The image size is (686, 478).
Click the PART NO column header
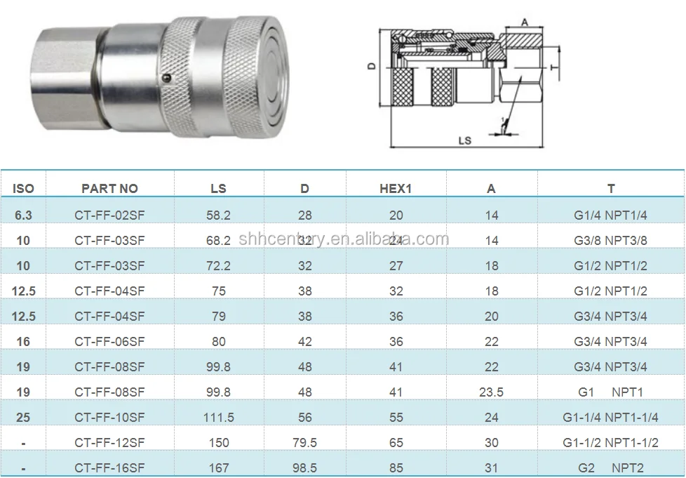[x=109, y=189]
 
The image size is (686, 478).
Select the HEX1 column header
[x=396, y=189]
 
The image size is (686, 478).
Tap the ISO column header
[x=23, y=189]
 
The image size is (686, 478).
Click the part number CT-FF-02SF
[x=109, y=215]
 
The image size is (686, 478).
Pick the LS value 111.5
[x=219, y=418]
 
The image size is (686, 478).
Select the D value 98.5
[x=304, y=468]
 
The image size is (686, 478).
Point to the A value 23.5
[x=491, y=392]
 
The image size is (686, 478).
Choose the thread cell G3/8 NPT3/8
[x=610, y=241]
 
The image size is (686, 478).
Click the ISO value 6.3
[x=23, y=215]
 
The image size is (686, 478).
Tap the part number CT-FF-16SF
[x=109, y=468]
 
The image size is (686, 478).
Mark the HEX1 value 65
[x=396, y=443]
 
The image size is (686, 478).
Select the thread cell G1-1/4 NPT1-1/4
[x=610, y=418]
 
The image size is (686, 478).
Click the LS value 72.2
[x=219, y=266]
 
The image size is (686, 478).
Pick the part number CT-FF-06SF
[x=109, y=342]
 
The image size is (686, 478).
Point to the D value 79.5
[x=304, y=443]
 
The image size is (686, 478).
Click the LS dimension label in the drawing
[x=464, y=140]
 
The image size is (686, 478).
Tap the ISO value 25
[x=23, y=418]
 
